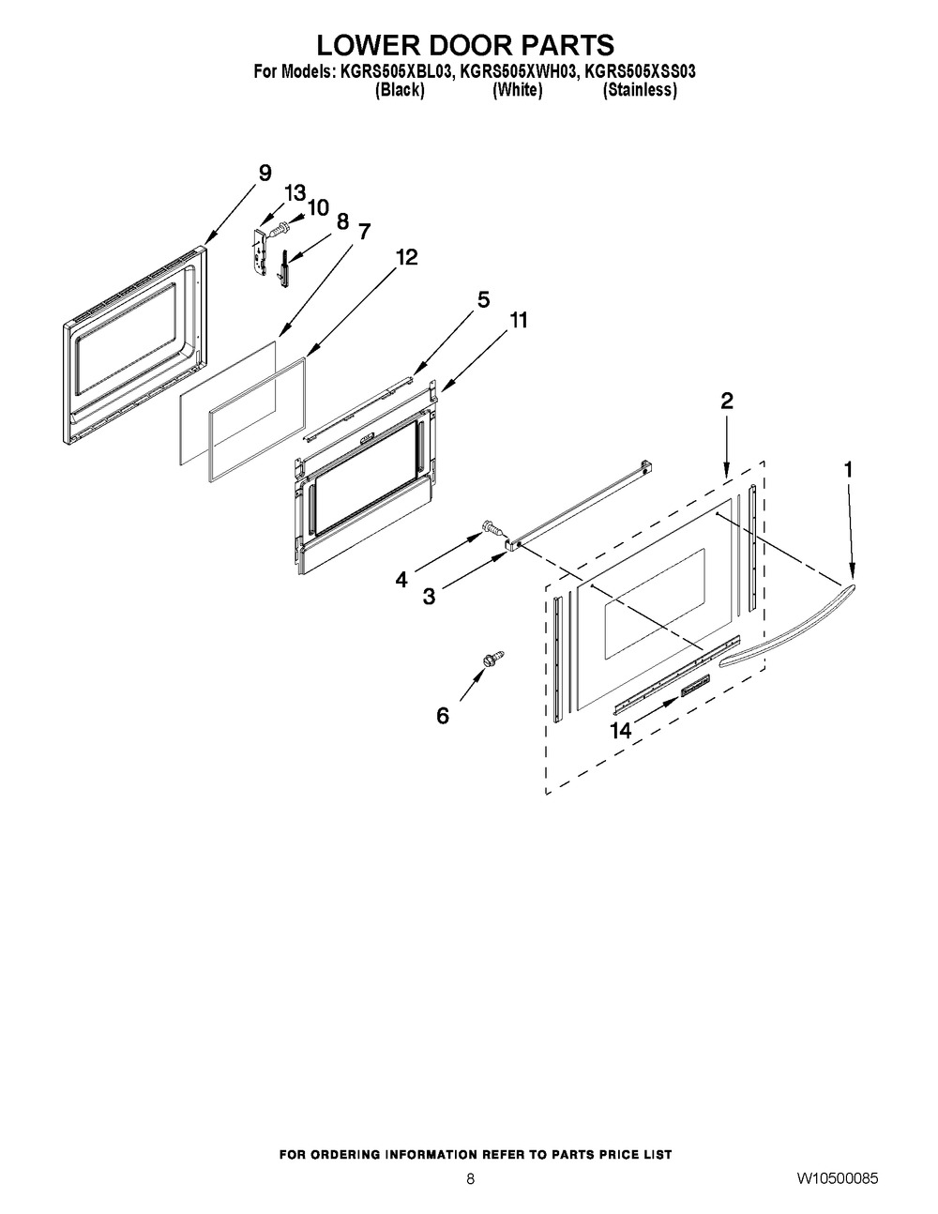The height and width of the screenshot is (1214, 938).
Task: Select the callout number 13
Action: click(295, 193)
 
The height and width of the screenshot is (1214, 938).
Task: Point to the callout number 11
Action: click(518, 320)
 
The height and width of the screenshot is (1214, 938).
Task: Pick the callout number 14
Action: click(620, 730)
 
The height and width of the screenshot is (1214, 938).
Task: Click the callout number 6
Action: click(443, 715)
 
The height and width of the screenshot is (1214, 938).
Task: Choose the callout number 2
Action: click(726, 401)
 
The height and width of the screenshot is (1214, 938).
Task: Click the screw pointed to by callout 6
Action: click(494, 658)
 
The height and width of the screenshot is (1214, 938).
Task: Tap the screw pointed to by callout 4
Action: click(492, 526)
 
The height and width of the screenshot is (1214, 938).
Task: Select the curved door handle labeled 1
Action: click(787, 625)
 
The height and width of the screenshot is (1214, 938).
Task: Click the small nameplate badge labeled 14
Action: click(694, 685)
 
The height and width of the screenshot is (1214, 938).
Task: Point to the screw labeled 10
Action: click(280, 227)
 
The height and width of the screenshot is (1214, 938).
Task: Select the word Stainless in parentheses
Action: click(640, 90)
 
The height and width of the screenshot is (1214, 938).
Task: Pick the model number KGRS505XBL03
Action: click(392, 72)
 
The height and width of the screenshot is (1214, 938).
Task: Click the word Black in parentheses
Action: click(400, 90)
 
